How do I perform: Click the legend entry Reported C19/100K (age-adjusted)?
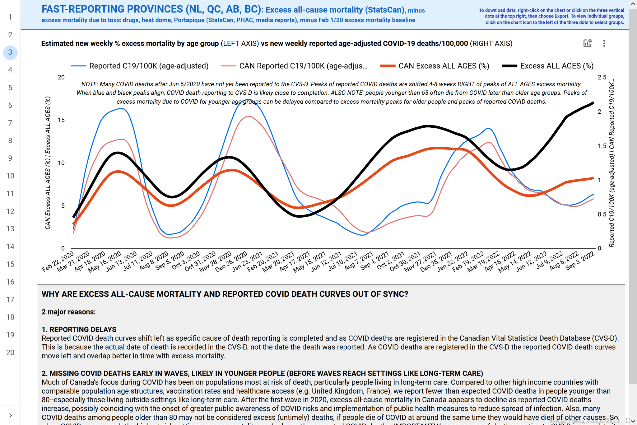pos(148,66)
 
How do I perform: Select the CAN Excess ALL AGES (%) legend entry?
pos(444,66)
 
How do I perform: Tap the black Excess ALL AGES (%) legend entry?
pos(556,66)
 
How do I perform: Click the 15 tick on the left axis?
pos(61,120)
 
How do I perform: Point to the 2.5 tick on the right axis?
pos(602,78)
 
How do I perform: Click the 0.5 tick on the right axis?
pos(602,215)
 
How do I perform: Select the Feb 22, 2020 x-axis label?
pos(58,262)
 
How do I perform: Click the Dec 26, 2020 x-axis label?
pos(231,262)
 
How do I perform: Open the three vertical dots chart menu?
pos(604,43)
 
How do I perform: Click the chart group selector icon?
pos(587,43)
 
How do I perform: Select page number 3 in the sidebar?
pos(10,52)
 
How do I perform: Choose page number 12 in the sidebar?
pos(10,211)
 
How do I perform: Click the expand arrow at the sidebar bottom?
pos(10,415)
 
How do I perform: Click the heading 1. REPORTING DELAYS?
pos(79,329)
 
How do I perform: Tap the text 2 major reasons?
pos(68,312)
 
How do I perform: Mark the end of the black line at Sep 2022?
pos(593,102)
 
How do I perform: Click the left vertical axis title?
pos(48,163)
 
